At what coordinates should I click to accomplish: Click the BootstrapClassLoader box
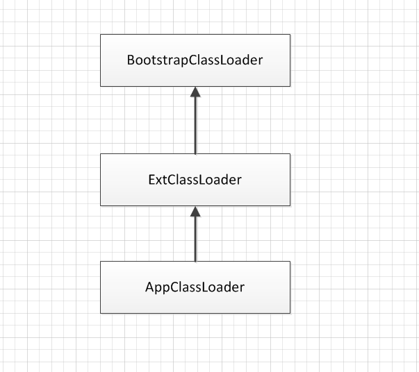click(195, 60)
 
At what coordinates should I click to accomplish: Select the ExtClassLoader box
click(195, 180)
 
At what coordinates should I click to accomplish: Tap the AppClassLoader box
click(195, 287)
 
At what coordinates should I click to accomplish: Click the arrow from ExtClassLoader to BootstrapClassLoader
click(195, 120)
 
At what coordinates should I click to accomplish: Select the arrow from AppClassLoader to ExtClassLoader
click(195, 234)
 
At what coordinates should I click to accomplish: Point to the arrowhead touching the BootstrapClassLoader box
click(195, 92)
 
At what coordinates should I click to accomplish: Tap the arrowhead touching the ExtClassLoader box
click(195, 211)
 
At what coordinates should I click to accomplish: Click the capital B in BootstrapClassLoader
click(131, 60)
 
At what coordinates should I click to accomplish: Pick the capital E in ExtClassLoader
click(151, 180)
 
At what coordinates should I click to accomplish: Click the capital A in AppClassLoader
click(150, 287)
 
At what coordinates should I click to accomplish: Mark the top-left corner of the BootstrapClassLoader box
click(101, 35)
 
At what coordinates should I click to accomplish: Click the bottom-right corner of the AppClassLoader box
click(290, 313)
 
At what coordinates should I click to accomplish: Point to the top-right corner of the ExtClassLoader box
click(290, 153)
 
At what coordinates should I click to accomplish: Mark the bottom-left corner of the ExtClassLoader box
click(101, 205)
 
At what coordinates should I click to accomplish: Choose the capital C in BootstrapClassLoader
click(193, 60)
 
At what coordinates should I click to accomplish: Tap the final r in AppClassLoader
click(242, 289)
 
